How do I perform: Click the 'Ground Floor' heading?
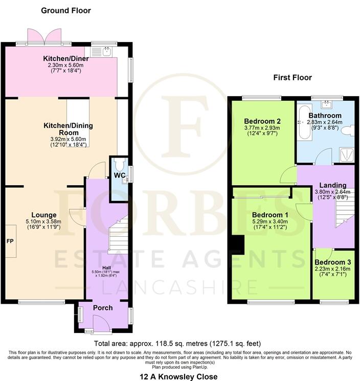(65, 10)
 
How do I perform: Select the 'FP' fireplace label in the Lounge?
(9, 240)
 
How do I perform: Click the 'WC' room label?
(119, 175)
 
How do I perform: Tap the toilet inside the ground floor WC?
(119, 164)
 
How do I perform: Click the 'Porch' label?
(103, 308)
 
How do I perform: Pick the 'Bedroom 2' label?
(262, 121)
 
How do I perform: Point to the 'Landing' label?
(333, 185)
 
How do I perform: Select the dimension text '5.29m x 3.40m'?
(270, 222)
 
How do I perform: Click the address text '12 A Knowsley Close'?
(178, 376)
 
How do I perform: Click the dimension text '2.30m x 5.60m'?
(64, 65)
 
